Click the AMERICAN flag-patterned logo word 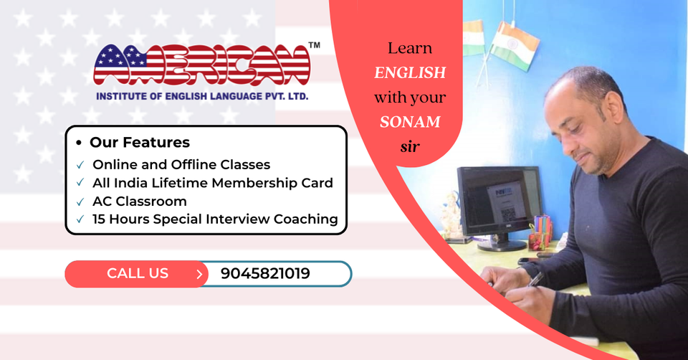point(202,65)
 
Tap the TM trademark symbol point(314,44)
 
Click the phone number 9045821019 point(265,273)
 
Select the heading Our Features point(140,142)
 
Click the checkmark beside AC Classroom point(80,202)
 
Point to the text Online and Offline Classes point(181,165)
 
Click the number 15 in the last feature point(99,219)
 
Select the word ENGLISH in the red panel point(410,72)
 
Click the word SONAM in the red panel point(410,122)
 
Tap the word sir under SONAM point(410,146)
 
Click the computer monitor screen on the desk point(500,201)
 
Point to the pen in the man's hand point(535,279)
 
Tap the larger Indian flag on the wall point(514,45)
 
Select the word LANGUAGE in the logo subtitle point(227,96)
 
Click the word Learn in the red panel point(410,48)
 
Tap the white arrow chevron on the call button point(199,274)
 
